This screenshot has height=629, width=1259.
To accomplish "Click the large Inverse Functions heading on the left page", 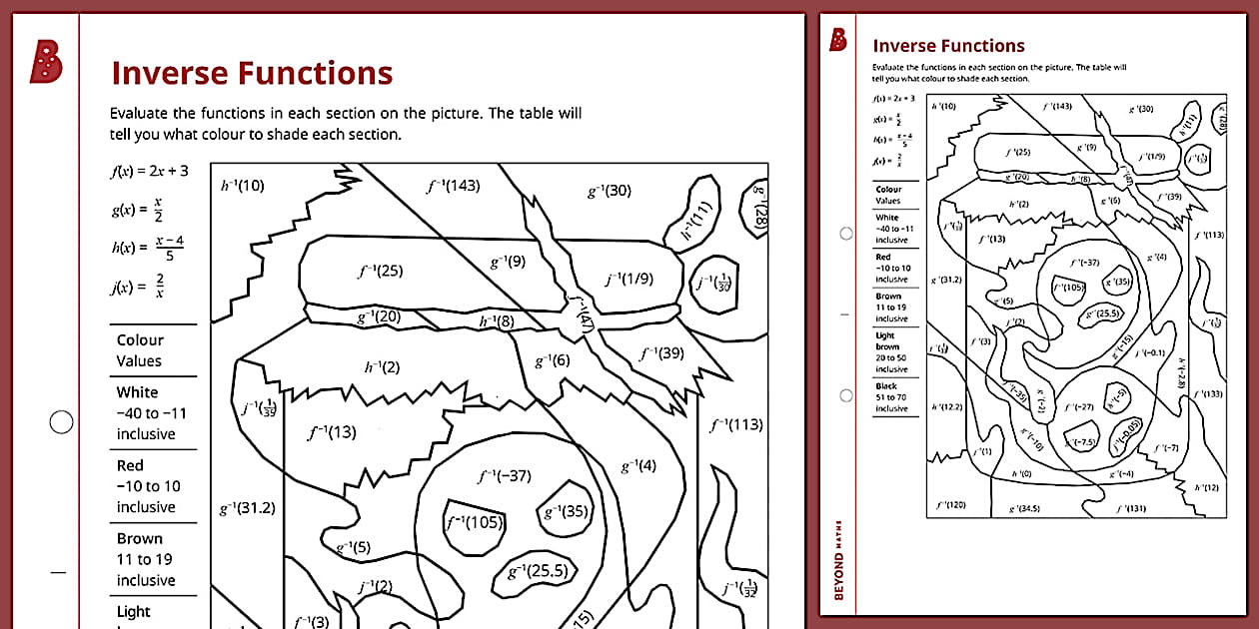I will (x=252, y=73).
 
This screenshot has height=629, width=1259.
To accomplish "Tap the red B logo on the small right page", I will (x=837, y=40).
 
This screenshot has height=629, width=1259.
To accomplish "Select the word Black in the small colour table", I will (x=885, y=385).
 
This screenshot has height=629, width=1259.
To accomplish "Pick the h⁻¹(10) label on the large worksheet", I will (x=242, y=185).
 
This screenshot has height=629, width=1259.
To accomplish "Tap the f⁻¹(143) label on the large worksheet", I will (x=453, y=185).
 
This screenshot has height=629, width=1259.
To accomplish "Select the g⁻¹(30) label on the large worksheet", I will (x=610, y=190).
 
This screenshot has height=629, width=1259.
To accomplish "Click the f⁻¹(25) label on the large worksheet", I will (x=380, y=271).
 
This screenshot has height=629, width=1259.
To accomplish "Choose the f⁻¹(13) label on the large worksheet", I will (x=332, y=432).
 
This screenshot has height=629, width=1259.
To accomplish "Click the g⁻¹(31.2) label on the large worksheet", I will (x=247, y=508).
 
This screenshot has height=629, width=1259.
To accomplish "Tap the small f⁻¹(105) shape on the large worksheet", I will (x=475, y=522).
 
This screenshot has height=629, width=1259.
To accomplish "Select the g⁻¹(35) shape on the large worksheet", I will (x=566, y=511).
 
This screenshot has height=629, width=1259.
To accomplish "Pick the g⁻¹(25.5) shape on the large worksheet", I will (x=538, y=572).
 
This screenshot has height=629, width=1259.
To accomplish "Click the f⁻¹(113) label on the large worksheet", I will (x=735, y=424).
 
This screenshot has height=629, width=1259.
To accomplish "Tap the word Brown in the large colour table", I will (x=139, y=538).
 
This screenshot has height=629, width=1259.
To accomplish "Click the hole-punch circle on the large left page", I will (x=61, y=422).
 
